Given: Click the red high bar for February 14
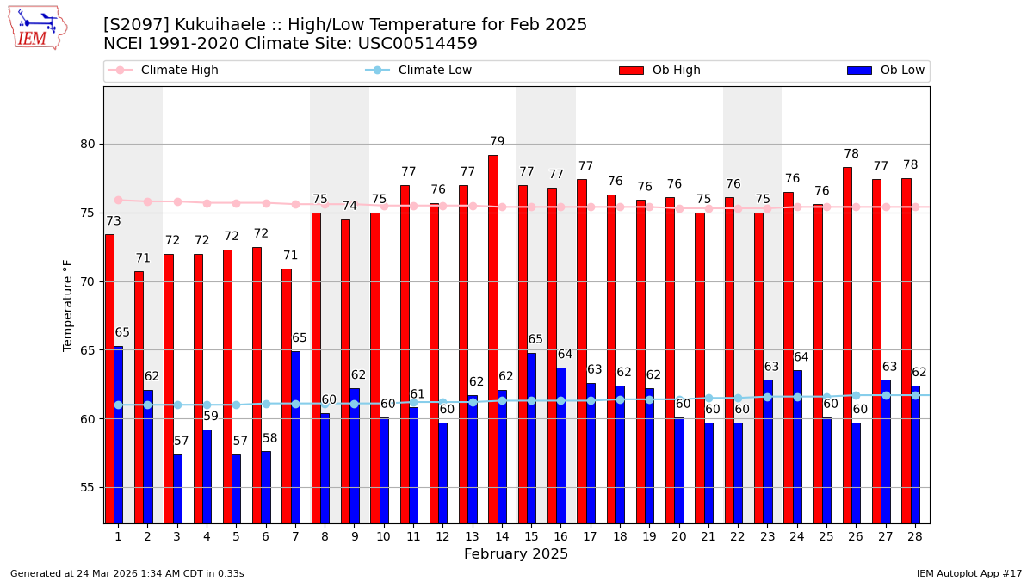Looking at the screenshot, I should click(492, 339).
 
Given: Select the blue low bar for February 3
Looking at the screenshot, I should click(177, 488).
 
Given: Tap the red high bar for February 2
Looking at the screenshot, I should click(139, 397).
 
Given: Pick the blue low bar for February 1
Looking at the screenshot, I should click(118, 435).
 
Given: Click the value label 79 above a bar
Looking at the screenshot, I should click(498, 142).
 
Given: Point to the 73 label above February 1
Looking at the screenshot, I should click(114, 221).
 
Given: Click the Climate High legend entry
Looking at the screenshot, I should click(179, 71).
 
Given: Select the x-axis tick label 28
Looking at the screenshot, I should click(911, 536).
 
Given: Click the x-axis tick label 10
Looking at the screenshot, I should click(383, 536).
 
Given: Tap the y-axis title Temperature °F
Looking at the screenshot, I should click(68, 305).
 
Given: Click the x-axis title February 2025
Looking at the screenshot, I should click(516, 554).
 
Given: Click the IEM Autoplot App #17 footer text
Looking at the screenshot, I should click(968, 573).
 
